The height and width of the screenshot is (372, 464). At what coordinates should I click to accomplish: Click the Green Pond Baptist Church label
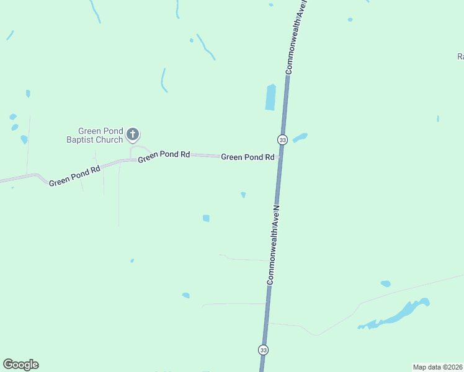(100, 135)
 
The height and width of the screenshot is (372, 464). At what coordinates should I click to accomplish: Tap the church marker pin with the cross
(132, 133)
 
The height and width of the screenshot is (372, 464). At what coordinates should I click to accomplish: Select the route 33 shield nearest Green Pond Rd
(282, 139)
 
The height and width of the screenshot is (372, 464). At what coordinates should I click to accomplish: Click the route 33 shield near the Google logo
(264, 350)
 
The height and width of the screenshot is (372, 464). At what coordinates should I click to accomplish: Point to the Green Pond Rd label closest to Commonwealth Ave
(248, 157)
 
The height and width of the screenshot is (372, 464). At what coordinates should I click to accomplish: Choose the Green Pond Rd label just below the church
(164, 156)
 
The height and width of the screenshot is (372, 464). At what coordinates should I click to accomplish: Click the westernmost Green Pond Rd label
(74, 176)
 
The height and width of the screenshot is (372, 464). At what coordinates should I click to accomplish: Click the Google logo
(20, 365)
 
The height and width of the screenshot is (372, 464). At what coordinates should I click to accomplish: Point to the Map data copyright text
(438, 367)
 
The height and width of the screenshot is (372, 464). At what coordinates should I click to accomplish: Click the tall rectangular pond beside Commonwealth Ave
(270, 97)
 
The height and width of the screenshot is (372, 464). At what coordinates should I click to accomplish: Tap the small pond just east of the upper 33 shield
(300, 138)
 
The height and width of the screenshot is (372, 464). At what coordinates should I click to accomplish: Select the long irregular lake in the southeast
(397, 315)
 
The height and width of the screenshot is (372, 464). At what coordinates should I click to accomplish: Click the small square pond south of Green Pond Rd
(206, 218)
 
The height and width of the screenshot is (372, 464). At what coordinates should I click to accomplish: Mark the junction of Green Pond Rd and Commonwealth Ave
(280, 156)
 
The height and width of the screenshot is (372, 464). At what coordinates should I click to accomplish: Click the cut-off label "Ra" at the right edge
(460, 56)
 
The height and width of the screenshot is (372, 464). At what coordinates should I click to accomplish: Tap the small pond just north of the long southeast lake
(385, 284)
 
